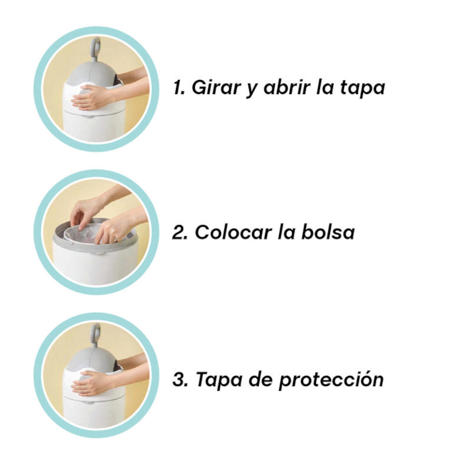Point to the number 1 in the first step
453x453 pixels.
click(x=179, y=88)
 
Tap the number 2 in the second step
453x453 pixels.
click(x=180, y=233)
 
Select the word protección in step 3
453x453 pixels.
click(x=331, y=379)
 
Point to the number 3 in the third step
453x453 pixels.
click(x=180, y=379)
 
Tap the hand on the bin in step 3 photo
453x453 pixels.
click(x=91, y=385)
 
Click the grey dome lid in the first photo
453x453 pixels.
click(x=85, y=71)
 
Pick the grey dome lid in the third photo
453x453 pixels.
click(x=85, y=357)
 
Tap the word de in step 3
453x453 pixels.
click(x=260, y=379)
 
